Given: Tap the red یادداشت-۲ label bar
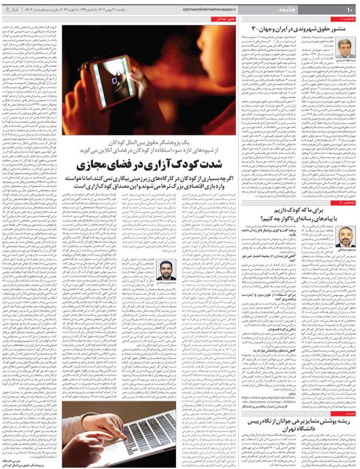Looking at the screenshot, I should [345, 202].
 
